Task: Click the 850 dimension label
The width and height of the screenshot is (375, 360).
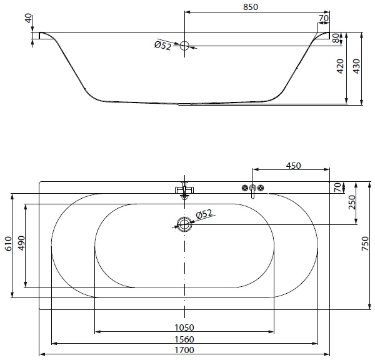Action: tap(251, 7)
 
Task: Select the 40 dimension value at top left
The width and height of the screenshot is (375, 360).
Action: tap(29, 18)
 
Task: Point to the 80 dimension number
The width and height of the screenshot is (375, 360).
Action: tap(336, 38)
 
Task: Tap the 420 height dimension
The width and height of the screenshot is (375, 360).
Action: tap(339, 66)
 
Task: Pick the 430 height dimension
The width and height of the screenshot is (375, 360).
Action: tap(356, 66)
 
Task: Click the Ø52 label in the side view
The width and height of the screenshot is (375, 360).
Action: tap(163, 46)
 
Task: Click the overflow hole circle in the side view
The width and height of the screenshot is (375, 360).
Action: tap(184, 46)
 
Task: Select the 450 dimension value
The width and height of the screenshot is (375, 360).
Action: tap(294, 166)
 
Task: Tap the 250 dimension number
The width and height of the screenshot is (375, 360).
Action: tap(352, 202)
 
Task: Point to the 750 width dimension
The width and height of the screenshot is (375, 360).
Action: tap(365, 244)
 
